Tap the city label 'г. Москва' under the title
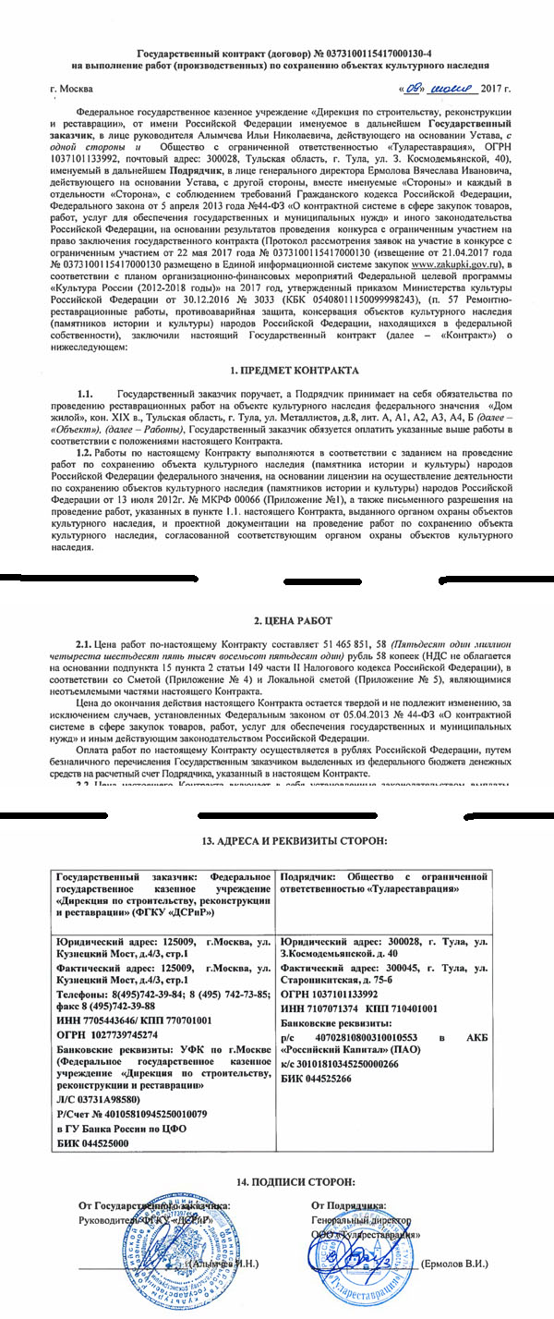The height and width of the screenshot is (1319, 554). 73,90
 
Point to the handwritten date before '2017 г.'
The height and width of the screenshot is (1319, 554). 439,89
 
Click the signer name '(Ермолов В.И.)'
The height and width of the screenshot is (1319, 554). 455,1264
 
